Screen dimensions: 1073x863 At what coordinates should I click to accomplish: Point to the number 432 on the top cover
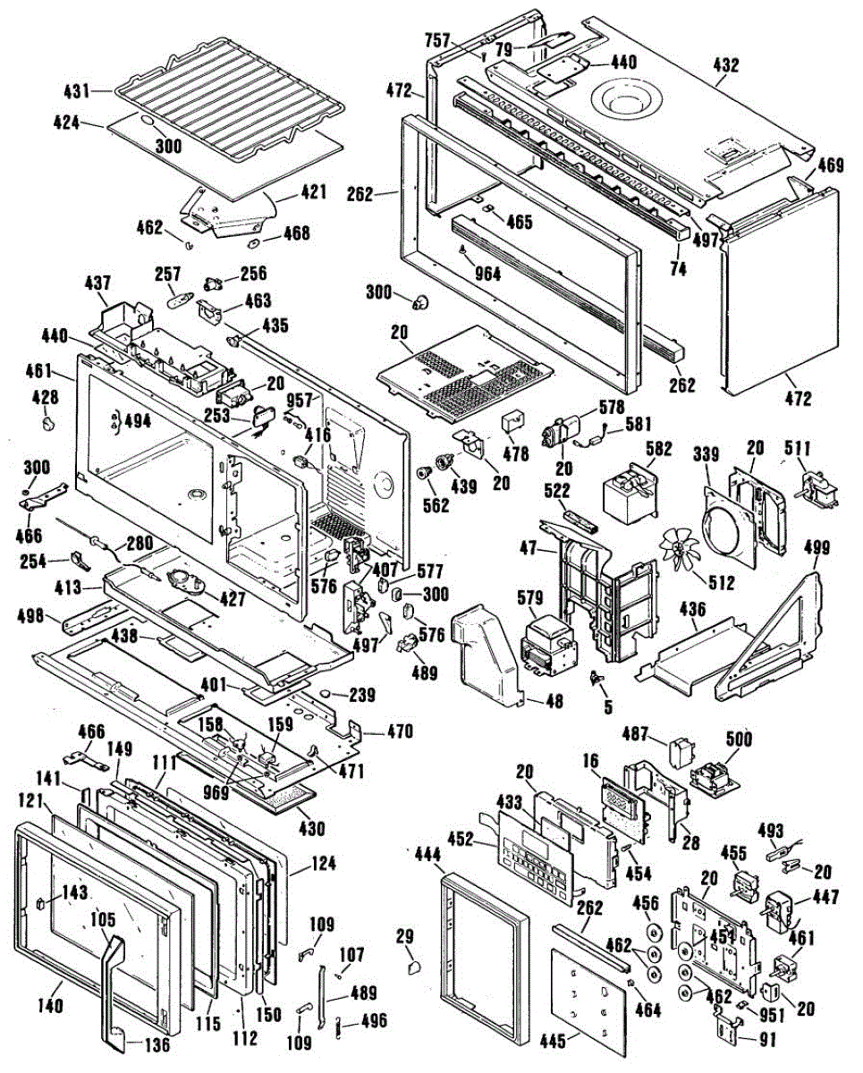726,64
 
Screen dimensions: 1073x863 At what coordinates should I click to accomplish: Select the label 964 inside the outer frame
488,274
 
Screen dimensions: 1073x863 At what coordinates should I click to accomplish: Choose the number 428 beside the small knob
45,397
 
